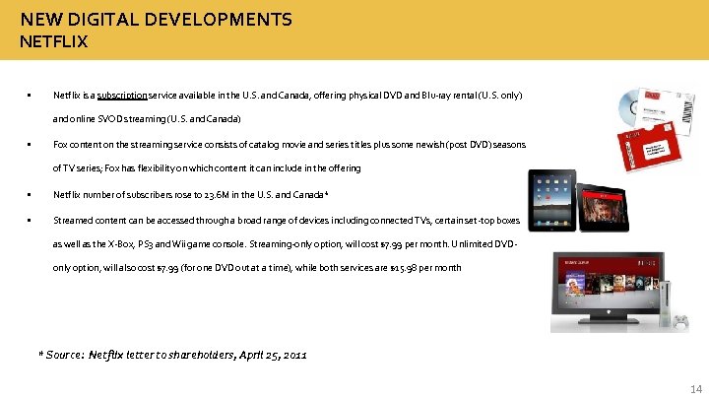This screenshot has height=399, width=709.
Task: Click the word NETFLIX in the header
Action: click(53, 41)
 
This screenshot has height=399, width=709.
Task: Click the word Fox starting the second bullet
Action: click(59, 144)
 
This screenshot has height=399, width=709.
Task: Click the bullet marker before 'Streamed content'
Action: click(32, 220)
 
